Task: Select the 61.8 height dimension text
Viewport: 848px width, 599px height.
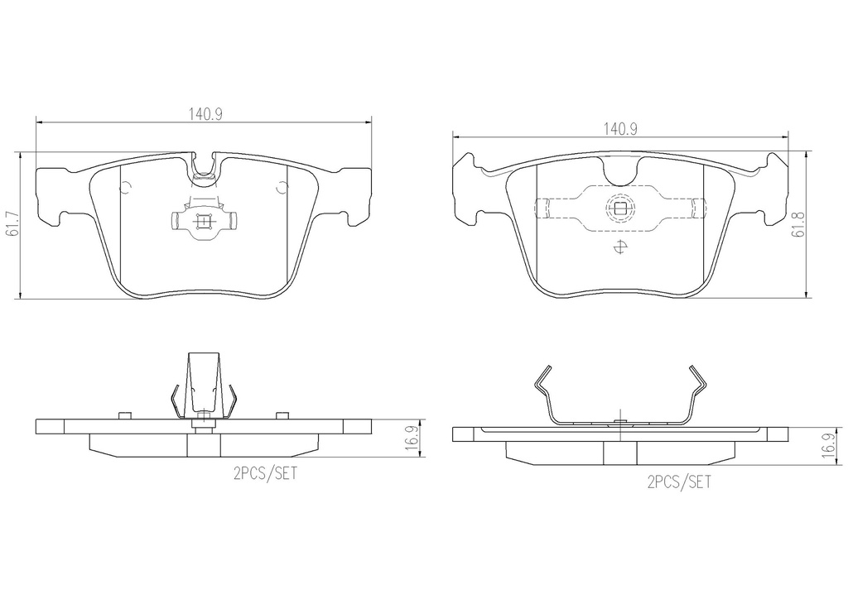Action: (x=796, y=224)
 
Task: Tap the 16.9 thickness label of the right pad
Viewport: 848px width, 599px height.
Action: (x=827, y=444)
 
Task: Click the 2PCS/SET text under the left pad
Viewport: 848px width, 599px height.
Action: (x=265, y=473)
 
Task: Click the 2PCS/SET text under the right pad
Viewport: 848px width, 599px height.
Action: (x=679, y=482)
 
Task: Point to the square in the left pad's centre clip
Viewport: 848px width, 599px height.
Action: (x=204, y=222)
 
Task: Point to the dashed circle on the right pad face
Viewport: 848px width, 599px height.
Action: (x=619, y=208)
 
